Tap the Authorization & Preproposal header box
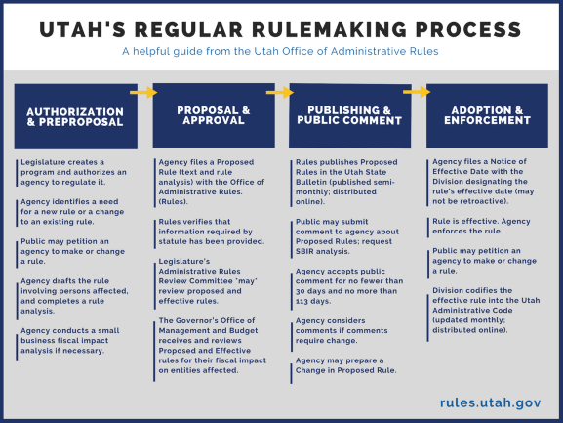[x=75, y=116]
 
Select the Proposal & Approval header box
[x=213, y=115]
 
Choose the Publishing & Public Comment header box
[x=348, y=115]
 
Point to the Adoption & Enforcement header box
[x=486, y=115]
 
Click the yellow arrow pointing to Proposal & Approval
[x=143, y=93]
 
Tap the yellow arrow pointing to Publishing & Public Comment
[x=280, y=93]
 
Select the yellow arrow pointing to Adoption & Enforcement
[x=417, y=93]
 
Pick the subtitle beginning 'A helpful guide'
[x=281, y=50]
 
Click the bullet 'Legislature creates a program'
[x=74, y=171]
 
